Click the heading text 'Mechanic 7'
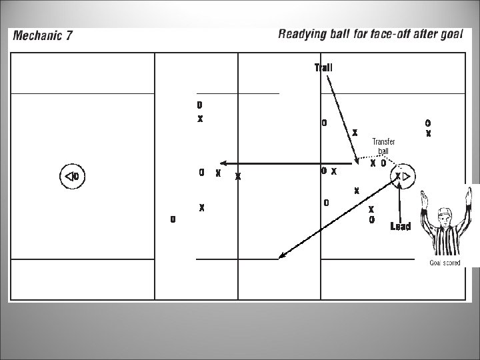[x=43, y=36]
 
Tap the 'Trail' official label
[x=323, y=67]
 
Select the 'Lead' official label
[x=400, y=227]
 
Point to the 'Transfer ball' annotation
[x=383, y=146]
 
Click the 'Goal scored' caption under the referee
[x=444, y=263]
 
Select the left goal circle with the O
[x=72, y=177]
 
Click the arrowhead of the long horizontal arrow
[x=223, y=163]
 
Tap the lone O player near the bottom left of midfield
[x=173, y=219]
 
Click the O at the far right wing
[x=428, y=123]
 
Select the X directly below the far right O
[x=429, y=133]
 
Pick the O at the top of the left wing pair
[x=199, y=105]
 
